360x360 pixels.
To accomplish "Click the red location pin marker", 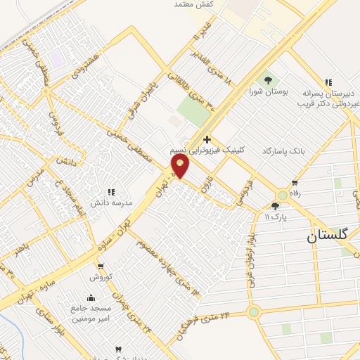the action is [x=180, y=166].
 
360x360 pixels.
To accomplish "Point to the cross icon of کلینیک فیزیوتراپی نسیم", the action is [x=206, y=139].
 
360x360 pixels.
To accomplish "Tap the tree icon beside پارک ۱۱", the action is [x=276, y=206].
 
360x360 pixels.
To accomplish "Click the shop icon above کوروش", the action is [x=101, y=266].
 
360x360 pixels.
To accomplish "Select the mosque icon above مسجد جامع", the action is [x=90, y=297].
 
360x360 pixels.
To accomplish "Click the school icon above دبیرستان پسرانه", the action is [x=328, y=82].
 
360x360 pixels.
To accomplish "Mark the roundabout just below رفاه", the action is [x=283, y=195].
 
